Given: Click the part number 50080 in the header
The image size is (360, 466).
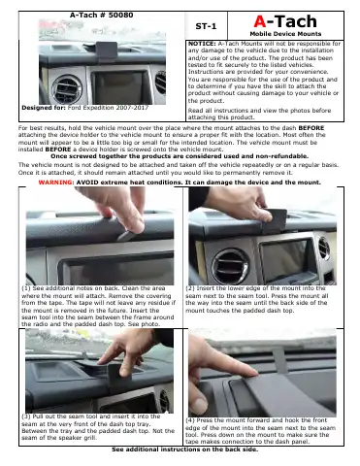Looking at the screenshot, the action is pyautogui.click(x=120, y=15).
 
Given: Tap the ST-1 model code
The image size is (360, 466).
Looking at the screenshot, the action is pyautogui.click(x=206, y=26).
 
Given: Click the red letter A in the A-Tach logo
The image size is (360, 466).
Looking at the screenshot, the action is pyautogui.click(x=260, y=21).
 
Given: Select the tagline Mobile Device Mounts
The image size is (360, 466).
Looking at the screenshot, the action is pyautogui.click(x=285, y=34).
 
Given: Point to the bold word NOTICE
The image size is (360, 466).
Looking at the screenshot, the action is pyautogui.click(x=202, y=44).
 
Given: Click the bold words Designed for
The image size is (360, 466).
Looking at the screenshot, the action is pyautogui.click(x=44, y=108).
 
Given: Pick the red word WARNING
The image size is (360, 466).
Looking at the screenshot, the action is pyautogui.click(x=56, y=183).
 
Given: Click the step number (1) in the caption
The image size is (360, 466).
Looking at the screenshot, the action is pyautogui.click(x=26, y=288).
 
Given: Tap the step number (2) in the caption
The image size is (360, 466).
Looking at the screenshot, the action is pyautogui.click(x=190, y=288).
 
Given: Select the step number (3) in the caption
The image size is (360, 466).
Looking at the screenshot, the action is pyautogui.click(x=26, y=416).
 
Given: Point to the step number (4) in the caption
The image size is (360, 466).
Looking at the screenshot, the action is pyautogui.click(x=190, y=420).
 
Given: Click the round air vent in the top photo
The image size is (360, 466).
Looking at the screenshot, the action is pyautogui.click(x=67, y=89).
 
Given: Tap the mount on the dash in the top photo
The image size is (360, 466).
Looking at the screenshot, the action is pyautogui.click(x=106, y=51).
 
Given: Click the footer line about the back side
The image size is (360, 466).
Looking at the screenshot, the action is pyautogui.click(x=185, y=449).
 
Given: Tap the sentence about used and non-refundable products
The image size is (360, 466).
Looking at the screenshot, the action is pyautogui.click(x=180, y=156).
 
